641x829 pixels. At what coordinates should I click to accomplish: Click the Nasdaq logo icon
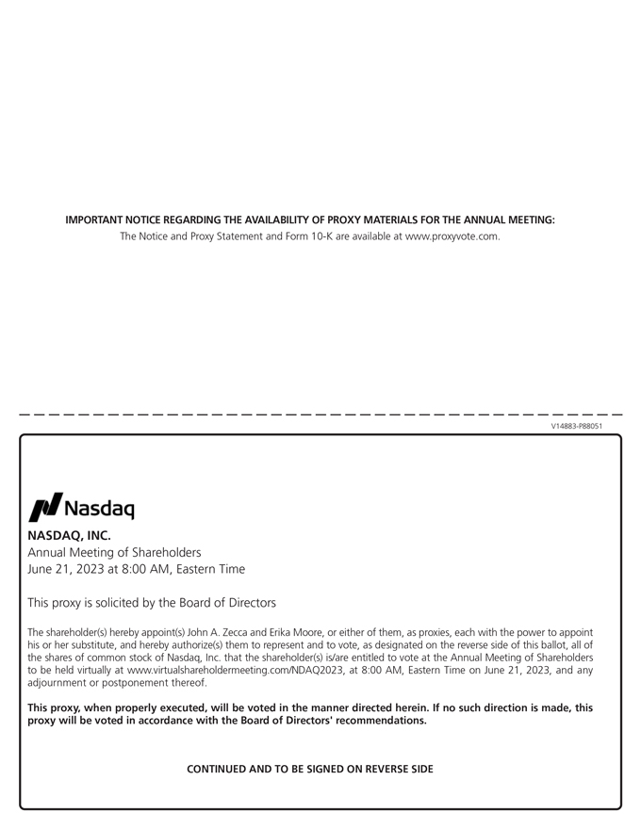[x=46, y=507]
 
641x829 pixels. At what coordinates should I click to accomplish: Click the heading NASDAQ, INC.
[x=69, y=535]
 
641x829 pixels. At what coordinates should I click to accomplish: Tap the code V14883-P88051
[x=576, y=426]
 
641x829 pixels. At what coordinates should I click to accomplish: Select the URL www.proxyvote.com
[x=452, y=236]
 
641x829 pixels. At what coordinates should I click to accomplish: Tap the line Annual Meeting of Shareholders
[x=114, y=552]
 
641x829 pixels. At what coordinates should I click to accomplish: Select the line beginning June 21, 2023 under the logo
[x=136, y=569]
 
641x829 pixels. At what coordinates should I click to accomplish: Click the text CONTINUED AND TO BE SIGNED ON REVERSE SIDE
[x=310, y=769]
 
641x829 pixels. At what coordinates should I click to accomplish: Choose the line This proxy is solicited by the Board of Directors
[x=152, y=603]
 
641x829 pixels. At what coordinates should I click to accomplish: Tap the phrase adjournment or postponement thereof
[x=117, y=682]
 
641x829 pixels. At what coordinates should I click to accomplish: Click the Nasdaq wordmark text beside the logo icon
[x=99, y=510]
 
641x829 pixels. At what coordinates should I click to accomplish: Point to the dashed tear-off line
[x=320, y=414]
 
